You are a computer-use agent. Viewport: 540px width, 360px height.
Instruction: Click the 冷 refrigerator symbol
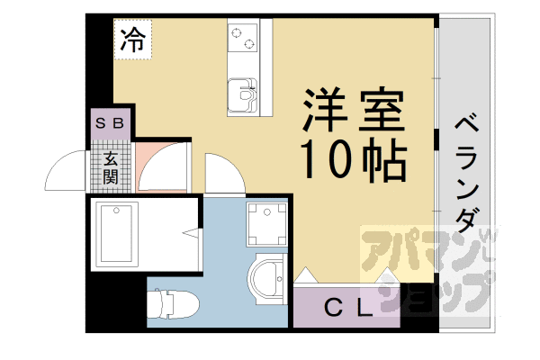132,39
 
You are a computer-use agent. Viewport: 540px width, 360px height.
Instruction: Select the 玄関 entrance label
111,167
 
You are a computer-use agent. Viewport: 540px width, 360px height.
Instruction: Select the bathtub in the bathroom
119,233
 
